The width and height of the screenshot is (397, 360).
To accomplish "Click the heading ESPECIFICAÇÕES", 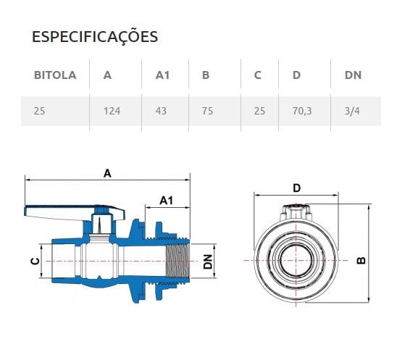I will pyautogui.click(x=95, y=37).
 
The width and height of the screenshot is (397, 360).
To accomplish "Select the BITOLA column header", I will pyautogui.click(x=55, y=75).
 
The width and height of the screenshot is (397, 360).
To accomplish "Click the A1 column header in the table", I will pyautogui.click(x=163, y=75).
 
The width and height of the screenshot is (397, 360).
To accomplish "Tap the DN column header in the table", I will pyautogui.click(x=352, y=75).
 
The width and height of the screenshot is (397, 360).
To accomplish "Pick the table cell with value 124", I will pyautogui.click(x=112, y=112).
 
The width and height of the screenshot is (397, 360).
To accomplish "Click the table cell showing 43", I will pyautogui.click(x=162, y=112).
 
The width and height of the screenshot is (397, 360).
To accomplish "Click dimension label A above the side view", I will pyautogui.click(x=108, y=173).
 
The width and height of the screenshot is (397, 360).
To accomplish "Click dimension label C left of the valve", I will pyautogui.click(x=34, y=262).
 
